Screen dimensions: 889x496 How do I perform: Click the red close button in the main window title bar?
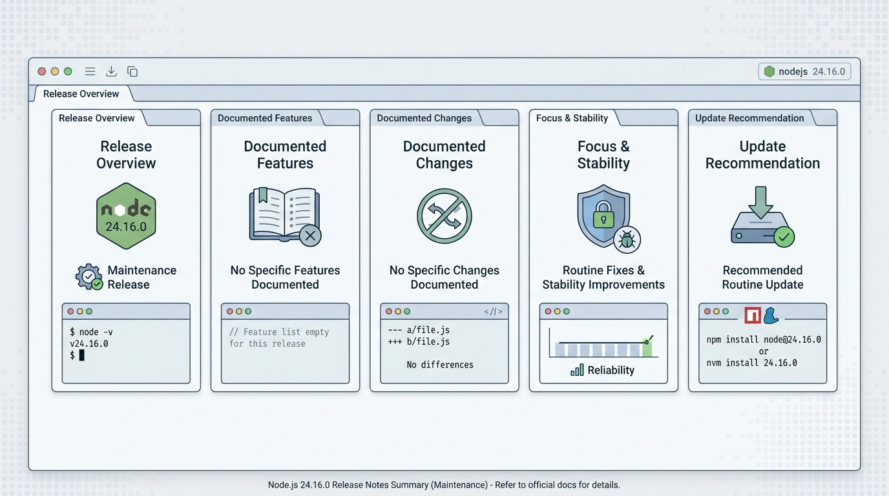click(41, 72)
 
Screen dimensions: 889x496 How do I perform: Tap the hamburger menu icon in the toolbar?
click(90, 72)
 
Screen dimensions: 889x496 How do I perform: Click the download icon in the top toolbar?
click(112, 72)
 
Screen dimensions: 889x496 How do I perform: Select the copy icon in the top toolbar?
click(132, 72)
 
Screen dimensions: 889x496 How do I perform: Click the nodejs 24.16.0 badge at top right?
click(804, 72)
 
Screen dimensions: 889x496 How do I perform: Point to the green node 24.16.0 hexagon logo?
click(126, 216)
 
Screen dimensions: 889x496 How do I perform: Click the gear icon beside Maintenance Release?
click(88, 276)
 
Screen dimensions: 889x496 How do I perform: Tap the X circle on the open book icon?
click(310, 236)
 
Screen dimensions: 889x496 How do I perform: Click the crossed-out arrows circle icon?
click(444, 216)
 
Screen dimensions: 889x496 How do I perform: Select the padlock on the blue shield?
click(603, 215)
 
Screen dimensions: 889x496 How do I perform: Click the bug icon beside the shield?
click(627, 240)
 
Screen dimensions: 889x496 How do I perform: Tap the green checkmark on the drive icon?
click(784, 237)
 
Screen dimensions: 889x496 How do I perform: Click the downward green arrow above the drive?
click(761, 202)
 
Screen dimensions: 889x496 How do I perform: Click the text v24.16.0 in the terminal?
click(89, 344)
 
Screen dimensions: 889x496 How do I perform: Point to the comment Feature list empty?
click(279, 332)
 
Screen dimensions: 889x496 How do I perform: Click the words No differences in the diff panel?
click(440, 365)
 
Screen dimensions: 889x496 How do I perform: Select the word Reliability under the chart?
click(611, 370)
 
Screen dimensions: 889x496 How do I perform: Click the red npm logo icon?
click(753, 315)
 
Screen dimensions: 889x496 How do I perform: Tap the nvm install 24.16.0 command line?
click(751, 363)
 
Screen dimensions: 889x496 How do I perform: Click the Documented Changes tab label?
click(424, 118)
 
